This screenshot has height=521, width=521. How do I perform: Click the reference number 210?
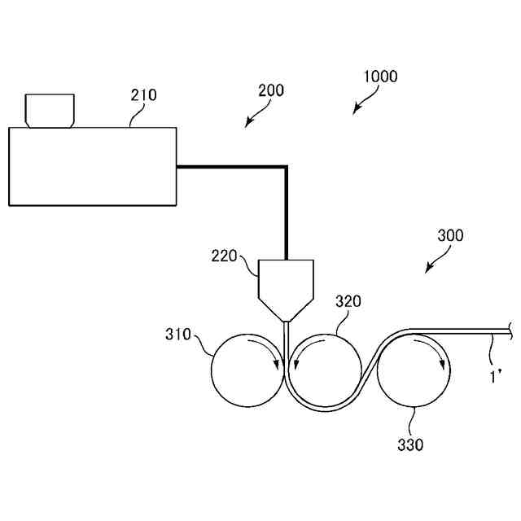click(x=144, y=95)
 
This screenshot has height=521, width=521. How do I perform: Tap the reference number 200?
click(x=270, y=90)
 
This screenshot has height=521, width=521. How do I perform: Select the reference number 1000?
click(x=380, y=77)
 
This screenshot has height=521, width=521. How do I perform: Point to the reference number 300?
click(x=450, y=236)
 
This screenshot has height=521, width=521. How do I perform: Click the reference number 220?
click(x=224, y=256)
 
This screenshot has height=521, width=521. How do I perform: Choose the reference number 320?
click(x=348, y=302)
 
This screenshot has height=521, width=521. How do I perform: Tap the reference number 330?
click(x=410, y=444)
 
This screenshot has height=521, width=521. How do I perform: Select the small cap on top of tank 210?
click(x=50, y=110)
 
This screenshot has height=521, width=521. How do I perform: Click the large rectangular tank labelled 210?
click(x=92, y=166)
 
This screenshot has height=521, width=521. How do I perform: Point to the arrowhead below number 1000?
click(x=357, y=111)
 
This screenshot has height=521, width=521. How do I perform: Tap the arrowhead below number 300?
click(x=428, y=270)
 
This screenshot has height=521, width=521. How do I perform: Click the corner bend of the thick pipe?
click(x=286, y=168)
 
